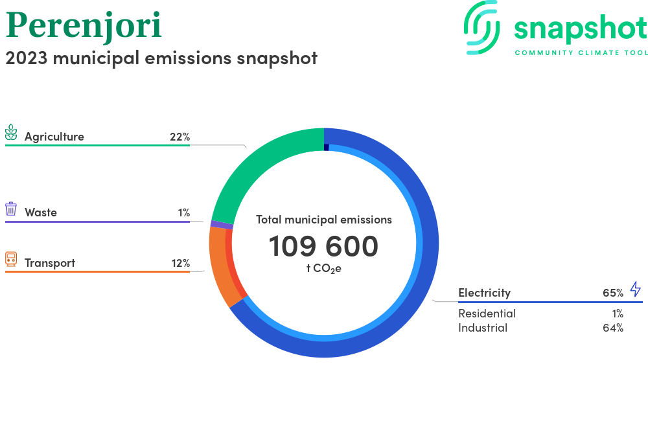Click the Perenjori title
tap(84, 26)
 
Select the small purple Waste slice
tap(222, 225)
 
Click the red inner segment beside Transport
tap(232, 264)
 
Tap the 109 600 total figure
tap(323, 246)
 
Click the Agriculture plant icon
tap(11, 132)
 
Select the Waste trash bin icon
tap(11, 209)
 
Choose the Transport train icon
tap(11, 259)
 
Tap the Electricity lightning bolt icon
tap(636, 289)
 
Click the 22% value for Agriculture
tap(179, 137)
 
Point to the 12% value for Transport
tap(181, 263)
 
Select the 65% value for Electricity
tap(613, 293)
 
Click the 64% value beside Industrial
tap(613, 328)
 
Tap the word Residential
tap(487, 314)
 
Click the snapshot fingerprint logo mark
tap(482, 27)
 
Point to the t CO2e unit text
tap(323, 268)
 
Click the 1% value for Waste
tap(184, 212)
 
